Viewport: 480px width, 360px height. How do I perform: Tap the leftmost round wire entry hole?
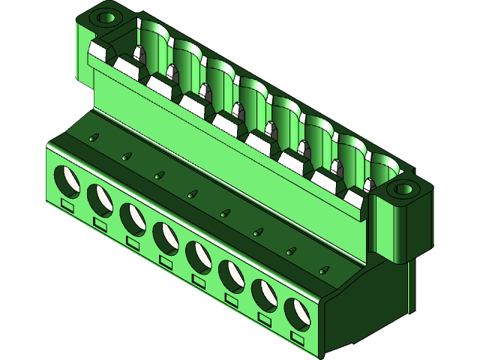click(x=67, y=180)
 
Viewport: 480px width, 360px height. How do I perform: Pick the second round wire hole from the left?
click(x=100, y=199)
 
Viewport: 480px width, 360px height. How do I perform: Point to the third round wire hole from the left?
click(x=133, y=218)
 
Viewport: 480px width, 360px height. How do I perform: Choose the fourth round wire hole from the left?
click(x=166, y=238)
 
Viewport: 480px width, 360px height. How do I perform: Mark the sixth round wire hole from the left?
click(x=232, y=275)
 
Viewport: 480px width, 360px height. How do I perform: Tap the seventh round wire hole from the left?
click(x=265, y=294)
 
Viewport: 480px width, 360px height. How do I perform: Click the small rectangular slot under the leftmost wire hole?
click(x=67, y=204)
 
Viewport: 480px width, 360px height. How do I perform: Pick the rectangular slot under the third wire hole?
click(x=133, y=242)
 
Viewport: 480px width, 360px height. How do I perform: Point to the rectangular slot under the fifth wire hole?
click(x=199, y=280)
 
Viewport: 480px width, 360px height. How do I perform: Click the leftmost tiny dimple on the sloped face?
click(x=94, y=138)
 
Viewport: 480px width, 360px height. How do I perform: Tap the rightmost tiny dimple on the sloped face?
click(x=324, y=268)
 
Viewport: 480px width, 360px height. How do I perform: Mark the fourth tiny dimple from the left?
click(x=193, y=194)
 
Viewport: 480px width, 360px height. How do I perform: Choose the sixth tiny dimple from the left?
click(x=258, y=232)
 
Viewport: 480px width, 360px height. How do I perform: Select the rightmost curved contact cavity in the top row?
click(x=382, y=168)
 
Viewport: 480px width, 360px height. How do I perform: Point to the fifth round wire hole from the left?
click(x=199, y=256)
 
